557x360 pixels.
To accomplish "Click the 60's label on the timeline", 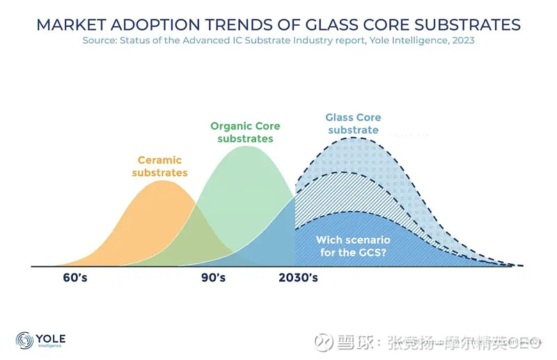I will [75, 278].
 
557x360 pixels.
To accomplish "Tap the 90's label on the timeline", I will [213, 278].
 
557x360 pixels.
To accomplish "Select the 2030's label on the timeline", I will [298, 278].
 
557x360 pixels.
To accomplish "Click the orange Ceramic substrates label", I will [160, 166].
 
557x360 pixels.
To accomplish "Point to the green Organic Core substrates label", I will [245, 132].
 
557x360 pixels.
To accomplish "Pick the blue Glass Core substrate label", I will [353, 124].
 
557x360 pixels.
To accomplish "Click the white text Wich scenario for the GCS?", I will [353, 246].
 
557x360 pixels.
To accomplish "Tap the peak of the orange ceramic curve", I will [162, 181].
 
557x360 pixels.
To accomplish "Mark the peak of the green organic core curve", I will [245, 146].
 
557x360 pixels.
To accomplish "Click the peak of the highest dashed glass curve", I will [355, 138].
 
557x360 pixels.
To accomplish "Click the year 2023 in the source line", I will [462, 40].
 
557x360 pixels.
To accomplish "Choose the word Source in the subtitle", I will [99, 40].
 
